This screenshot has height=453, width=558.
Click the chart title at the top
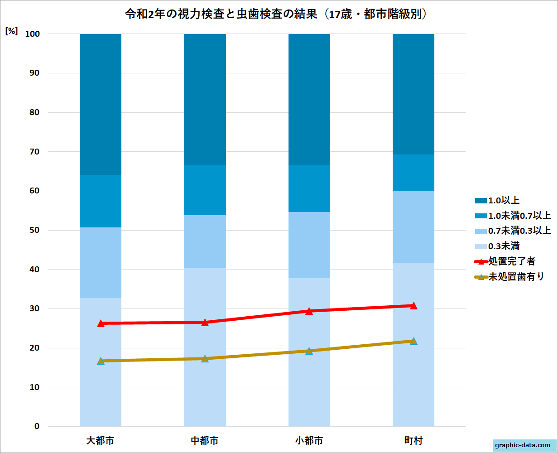[x=277, y=14]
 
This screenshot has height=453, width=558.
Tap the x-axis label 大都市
[x=101, y=440]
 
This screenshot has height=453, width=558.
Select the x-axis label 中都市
[x=205, y=440]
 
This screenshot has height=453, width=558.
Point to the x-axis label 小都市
[x=309, y=440]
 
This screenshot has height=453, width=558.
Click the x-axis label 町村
[x=413, y=440]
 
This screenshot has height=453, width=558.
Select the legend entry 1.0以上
[x=503, y=200]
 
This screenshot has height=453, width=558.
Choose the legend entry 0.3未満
[x=503, y=246]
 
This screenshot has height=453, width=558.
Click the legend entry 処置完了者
[x=511, y=261]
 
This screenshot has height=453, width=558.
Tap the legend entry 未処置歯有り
[x=516, y=277]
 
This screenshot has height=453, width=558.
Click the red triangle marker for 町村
[x=413, y=306]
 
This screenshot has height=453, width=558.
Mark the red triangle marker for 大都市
[x=101, y=323]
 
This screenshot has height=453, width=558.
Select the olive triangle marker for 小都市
[x=309, y=351]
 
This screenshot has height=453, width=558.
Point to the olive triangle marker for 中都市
[x=205, y=358]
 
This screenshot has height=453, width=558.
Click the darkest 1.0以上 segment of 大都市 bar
[x=101, y=104]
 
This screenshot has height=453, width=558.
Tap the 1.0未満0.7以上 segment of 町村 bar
[x=413, y=173]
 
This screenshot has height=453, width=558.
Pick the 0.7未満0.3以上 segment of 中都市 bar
[x=205, y=241]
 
